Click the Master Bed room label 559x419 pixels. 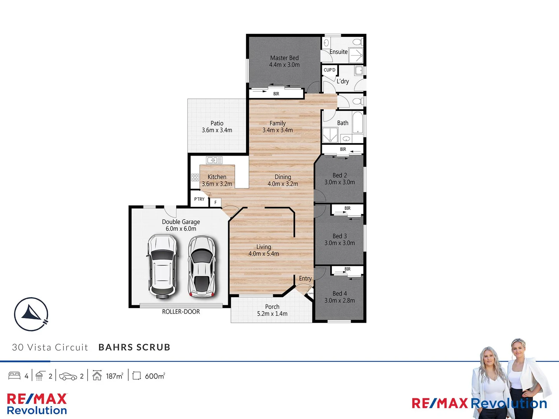point(284,58)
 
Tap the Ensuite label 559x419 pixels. point(339,52)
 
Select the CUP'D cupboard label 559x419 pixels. point(330,70)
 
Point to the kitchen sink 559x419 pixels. point(214,160)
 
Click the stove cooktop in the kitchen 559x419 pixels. point(195,177)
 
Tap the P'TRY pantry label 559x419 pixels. point(199,199)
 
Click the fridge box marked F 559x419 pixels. point(215,203)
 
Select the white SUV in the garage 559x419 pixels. point(162,266)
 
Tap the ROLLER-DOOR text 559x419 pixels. point(181,312)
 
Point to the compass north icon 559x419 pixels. point(31,314)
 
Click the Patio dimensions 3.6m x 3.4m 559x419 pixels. point(217,130)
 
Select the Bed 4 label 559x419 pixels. point(340,294)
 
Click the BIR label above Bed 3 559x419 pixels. point(347,208)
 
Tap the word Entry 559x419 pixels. point(305,279)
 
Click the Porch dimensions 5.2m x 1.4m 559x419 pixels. point(272,313)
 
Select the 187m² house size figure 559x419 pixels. point(115,376)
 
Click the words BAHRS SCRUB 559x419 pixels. point(134,347)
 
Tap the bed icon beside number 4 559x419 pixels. point(14,376)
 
